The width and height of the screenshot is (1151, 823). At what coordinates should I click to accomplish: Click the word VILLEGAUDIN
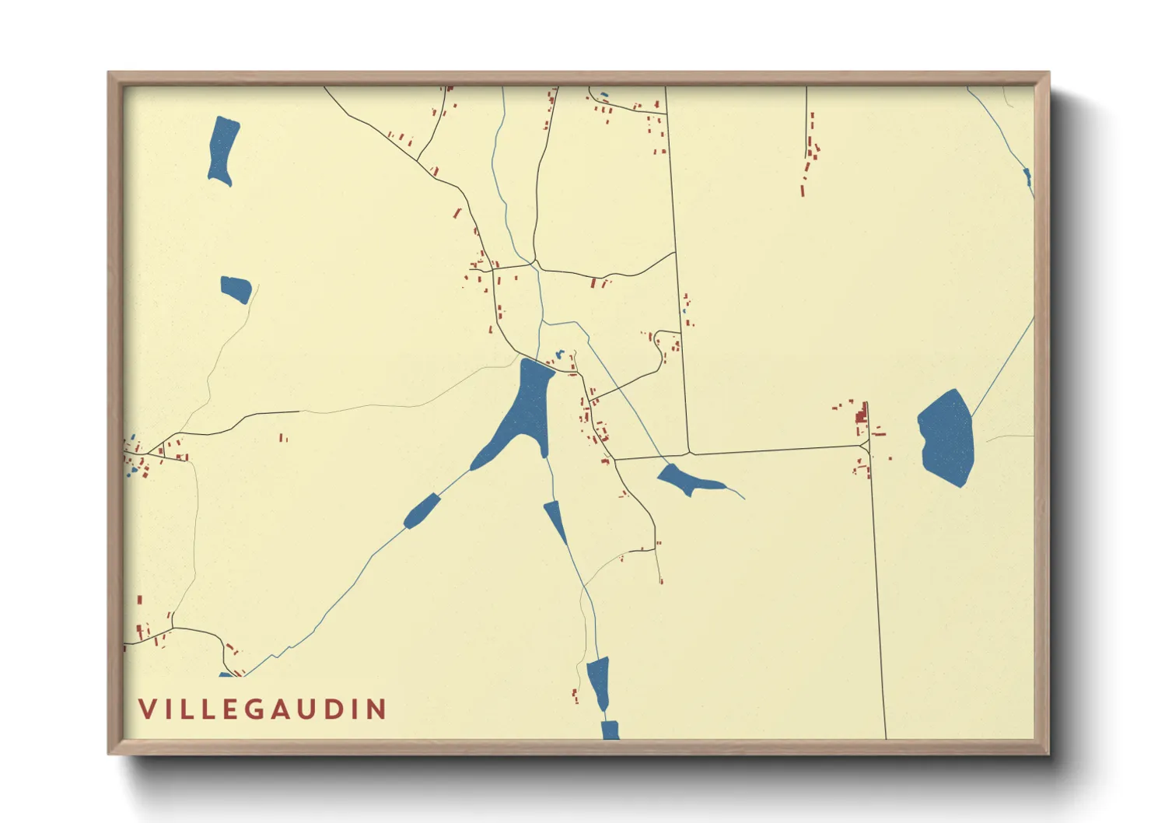[263, 709]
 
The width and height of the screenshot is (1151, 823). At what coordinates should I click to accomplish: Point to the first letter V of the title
[147, 709]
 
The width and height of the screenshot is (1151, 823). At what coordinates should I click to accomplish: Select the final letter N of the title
[378, 709]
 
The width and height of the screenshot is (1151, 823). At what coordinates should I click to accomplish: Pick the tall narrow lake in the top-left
[222, 150]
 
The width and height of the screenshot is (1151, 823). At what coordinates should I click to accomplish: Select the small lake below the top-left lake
[236, 289]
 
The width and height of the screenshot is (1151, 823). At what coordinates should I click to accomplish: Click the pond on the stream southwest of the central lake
[421, 510]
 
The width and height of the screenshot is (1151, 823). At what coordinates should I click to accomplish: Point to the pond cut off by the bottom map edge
[610, 730]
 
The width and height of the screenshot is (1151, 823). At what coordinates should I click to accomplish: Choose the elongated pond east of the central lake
[687, 480]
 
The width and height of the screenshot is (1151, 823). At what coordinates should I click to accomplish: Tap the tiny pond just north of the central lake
[558, 355]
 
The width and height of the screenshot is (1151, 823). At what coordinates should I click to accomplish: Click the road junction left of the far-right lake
[866, 446]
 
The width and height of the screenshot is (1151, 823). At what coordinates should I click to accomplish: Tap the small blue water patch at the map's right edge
[1028, 177]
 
